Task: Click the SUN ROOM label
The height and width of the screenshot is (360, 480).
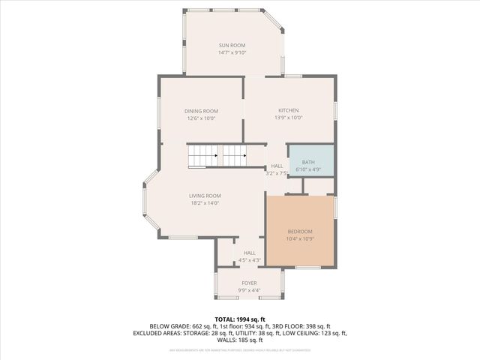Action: (232, 46)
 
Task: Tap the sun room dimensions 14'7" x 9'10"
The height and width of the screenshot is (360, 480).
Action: (232, 53)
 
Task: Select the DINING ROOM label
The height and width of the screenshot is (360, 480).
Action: (201, 111)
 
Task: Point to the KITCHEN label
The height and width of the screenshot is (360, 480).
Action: (289, 110)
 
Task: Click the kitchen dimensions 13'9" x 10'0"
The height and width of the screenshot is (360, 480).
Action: (289, 118)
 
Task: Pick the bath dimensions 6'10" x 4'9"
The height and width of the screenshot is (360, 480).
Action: (308, 170)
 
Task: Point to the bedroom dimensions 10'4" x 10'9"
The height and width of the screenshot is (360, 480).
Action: (299, 238)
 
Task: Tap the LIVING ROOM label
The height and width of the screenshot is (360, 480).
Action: (205, 196)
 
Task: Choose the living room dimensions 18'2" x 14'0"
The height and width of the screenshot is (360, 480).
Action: (205, 203)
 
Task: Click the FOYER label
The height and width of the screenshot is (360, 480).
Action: (249, 283)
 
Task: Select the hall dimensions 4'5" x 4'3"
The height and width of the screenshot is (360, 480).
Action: (249, 260)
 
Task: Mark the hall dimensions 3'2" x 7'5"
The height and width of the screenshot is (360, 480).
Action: (277, 173)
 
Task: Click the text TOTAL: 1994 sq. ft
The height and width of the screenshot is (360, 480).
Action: (240, 319)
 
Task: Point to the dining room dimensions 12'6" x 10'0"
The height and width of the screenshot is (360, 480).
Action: (201, 118)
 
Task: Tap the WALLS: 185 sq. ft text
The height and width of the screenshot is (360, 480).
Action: (240, 340)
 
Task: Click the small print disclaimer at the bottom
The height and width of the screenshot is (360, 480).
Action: (240, 350)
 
